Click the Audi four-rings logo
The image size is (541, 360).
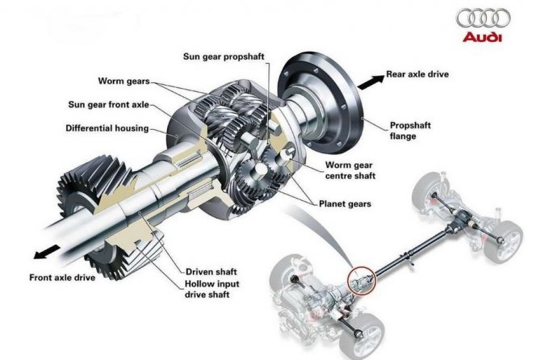click(484, 19)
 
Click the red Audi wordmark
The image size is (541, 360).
click(483, 37)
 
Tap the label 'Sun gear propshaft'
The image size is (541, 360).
click(228, 57)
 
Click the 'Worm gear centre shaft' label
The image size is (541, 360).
click(350, 170)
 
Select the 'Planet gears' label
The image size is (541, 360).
click(345, 204)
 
